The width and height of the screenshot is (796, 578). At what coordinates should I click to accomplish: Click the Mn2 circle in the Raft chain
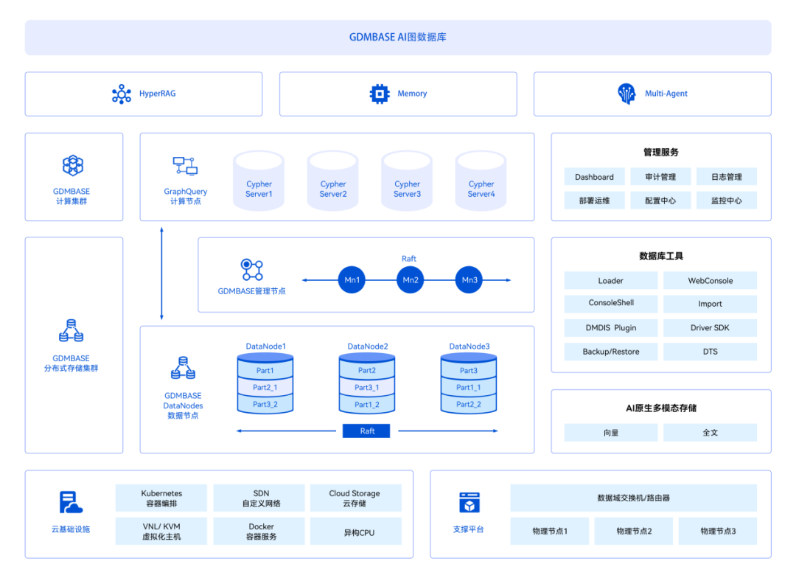pyautogui.click(x=411, y=280)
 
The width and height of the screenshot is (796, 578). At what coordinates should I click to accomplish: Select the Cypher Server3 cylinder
pyautogui.click(x=407, y=181)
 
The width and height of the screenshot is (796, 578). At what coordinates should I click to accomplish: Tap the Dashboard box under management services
pyautogui.click(x=594, y=177)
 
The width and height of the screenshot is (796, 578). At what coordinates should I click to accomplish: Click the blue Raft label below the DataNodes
pyautogui.click(x=366, y=431)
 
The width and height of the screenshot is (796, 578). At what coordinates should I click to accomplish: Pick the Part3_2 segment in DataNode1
pyautogui.click(x=265, y=404)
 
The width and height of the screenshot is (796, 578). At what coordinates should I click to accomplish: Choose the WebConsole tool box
pyautogui.click(x=710, y=280)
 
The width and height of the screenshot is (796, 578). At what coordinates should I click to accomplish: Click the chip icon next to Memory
pyautogui.click(x=380, y=94)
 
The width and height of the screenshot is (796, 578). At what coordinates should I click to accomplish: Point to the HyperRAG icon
pyautogui.click(x=122, y=94)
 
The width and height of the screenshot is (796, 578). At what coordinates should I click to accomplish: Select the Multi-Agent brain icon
pyautogui.click(x=626, y=94)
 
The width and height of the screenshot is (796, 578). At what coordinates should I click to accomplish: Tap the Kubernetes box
pyautogui.click(x=161, y=498)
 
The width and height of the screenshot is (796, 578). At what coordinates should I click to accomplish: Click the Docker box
pyautogui.click(x=261, y=532)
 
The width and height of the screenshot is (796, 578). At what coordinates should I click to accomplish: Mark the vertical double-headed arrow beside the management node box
pyautogui.click(x=161, y=274)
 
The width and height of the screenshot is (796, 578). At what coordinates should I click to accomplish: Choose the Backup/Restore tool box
pyautogui.click(x=611, y=352)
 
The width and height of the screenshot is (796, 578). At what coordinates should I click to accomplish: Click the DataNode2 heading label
pyautogui.click(x=368, y=347)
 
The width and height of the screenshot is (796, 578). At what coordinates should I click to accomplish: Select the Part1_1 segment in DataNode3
pyautogui.click(x=469, y=387)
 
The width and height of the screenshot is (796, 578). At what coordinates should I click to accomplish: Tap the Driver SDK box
pyautogui.click(x=710, y=327)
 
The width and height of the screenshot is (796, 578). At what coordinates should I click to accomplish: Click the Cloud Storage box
pyautogui.click(x=355, y=498)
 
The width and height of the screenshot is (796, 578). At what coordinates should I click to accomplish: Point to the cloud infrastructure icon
pyautogui.click(x=71, y=502)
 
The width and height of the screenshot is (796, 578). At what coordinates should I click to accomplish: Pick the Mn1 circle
pyautogui.click(x=352, y=280)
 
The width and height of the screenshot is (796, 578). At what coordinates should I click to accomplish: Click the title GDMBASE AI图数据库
pyautogui.click(x=397, y=37)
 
